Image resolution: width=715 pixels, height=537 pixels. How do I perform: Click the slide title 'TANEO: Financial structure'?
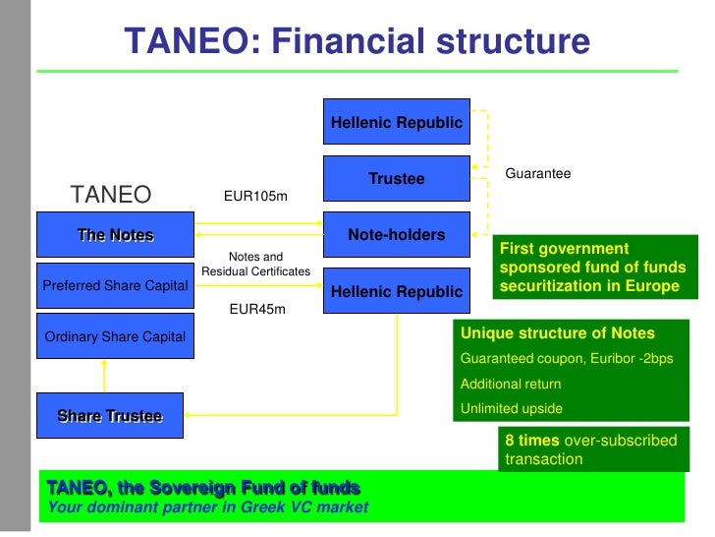(357, 41)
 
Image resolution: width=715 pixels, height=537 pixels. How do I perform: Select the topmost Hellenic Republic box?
(396, 123)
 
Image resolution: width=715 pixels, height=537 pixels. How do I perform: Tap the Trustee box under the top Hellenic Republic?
(396, 179)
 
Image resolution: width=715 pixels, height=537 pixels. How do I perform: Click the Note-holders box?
(396, 235)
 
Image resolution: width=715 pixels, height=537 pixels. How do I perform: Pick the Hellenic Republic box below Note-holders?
(396, 291)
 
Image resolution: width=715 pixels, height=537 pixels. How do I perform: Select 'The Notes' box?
(115, 235)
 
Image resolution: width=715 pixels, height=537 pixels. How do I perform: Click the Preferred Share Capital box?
(115, 286)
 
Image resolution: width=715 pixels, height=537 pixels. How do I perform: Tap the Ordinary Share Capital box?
(115, 337)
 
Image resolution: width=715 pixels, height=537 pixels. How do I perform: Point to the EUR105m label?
(255, 197)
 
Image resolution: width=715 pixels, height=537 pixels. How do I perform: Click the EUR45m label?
(257, 310)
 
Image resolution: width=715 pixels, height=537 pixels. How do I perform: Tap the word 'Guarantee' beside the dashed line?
(537, 174)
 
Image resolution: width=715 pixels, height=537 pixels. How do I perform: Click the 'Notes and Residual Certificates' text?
(255, 264)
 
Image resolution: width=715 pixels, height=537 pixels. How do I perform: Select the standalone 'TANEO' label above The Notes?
(111, 195)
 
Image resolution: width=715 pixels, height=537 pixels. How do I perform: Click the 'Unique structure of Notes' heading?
(557, 333)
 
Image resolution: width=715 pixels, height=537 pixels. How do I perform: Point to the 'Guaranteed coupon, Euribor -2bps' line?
(567, 359)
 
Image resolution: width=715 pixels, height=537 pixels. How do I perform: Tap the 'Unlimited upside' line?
(511, 408)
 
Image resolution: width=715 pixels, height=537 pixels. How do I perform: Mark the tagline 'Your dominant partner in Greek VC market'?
(207, 507)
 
